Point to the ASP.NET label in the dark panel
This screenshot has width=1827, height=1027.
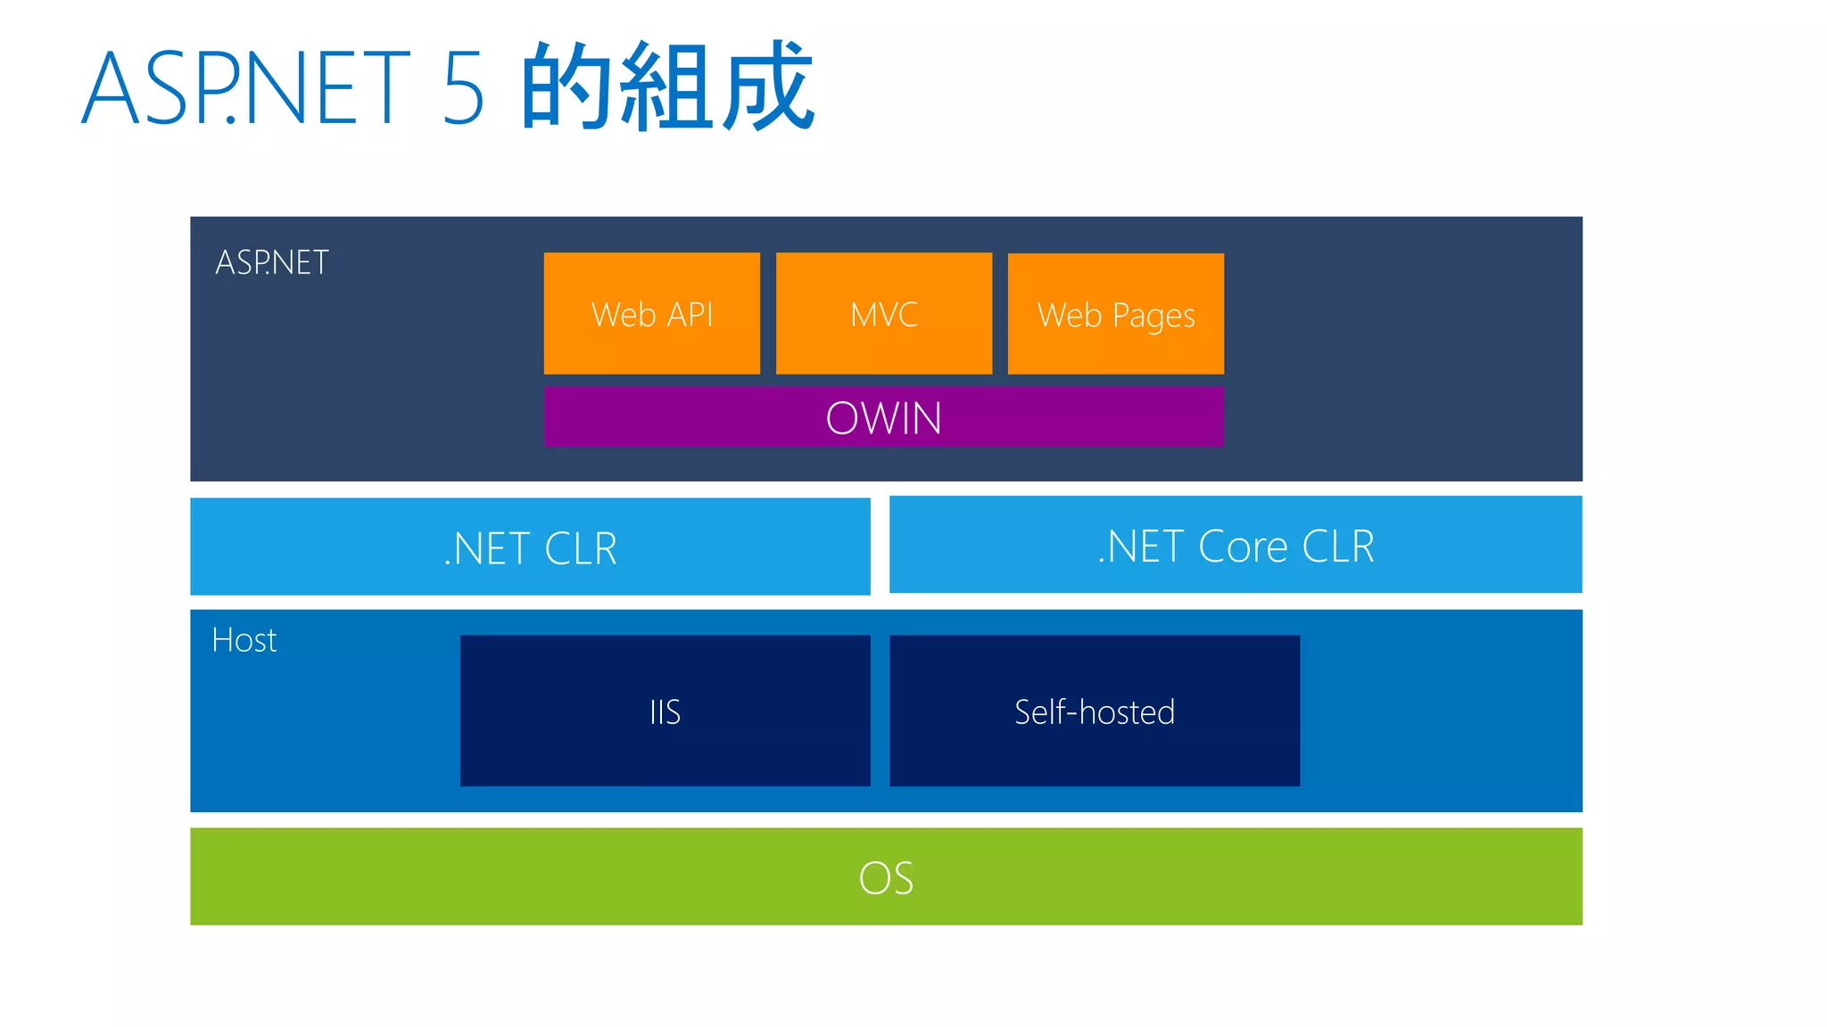tap(272, 263)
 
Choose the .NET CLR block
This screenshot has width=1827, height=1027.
tap(530, 546)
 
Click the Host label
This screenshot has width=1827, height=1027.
tap(244, 640)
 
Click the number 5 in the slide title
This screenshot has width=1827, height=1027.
tap(463, 88)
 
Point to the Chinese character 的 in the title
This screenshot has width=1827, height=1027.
tap(567, 86)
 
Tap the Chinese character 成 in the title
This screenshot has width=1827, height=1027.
tap(767, 86)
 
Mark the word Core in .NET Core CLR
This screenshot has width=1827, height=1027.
tap(1243, 546)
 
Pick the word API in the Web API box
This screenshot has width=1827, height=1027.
tap(690, 315)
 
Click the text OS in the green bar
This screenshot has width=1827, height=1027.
tap(886, 878)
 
